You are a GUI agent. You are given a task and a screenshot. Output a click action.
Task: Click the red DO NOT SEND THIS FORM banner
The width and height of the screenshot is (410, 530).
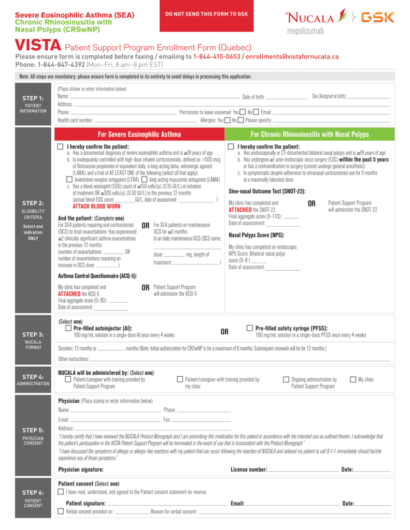tap(206, 14)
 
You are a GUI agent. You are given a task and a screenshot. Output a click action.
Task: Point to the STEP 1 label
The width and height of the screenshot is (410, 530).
tap(33, 98)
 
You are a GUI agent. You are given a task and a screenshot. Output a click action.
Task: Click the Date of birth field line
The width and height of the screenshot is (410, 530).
tap(287, 97)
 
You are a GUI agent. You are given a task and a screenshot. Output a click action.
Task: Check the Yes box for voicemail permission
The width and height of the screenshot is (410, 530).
tap(242, 112)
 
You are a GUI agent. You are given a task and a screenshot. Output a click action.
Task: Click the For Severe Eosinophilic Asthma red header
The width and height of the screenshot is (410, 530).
tap(139, 134)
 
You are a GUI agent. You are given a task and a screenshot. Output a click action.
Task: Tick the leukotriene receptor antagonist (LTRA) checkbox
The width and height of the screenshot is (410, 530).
tap(69, 179)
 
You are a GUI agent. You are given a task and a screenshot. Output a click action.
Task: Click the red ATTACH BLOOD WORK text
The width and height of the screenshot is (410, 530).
tap(96, 206)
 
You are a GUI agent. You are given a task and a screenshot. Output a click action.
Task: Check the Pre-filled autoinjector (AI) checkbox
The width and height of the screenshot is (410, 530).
tap(68, 328)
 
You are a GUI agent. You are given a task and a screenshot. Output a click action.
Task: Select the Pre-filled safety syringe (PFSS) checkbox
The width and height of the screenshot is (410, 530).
tap(250, 328)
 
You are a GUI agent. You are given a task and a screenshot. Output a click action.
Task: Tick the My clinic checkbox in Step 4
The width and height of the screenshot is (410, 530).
tap(354, 379)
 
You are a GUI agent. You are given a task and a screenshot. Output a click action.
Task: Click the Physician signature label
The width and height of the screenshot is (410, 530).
tap(81, 469)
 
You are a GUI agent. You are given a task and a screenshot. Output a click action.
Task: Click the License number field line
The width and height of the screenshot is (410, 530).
tap(303, 470)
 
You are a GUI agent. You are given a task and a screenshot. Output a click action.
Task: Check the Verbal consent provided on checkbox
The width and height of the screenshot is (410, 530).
tap(61, 512)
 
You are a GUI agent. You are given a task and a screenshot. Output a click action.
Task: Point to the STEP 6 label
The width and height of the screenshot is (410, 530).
tap(33, 493)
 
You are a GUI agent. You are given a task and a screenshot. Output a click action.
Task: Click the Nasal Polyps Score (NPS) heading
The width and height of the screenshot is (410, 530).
tap(256, 235)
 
